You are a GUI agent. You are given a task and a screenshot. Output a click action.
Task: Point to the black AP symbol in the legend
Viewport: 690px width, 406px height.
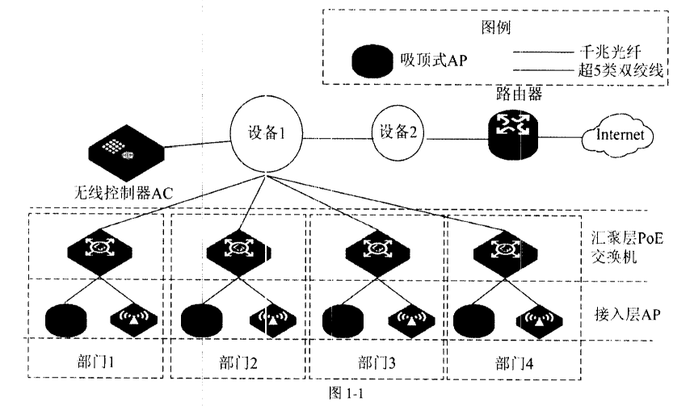[x=374, y=61]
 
